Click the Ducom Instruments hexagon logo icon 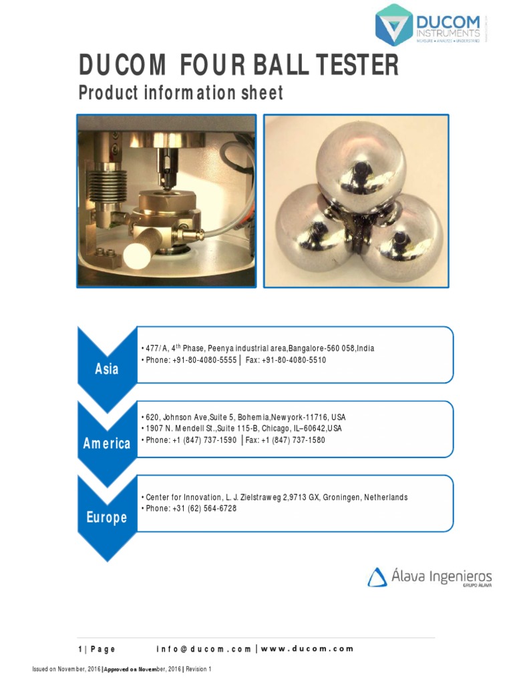394,25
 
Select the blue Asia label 107,369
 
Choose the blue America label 107,444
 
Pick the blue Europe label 107,518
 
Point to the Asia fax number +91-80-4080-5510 294,360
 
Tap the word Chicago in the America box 275,429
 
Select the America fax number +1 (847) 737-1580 293,440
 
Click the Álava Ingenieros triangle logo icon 377,577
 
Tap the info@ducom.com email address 204,649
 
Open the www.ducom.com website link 307,649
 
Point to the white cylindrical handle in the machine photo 140,254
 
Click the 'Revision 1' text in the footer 198,669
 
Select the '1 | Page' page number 97,649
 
